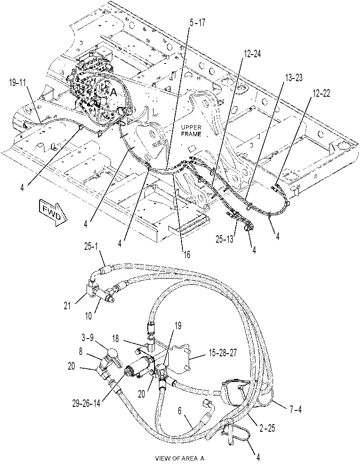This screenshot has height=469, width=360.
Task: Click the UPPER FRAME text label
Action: pyautogui.click(x=191, y=131)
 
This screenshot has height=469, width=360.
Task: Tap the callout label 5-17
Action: pyautogui.click(x=198, y=23)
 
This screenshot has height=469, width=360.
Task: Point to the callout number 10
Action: pyautogui.click(x=88, y=316)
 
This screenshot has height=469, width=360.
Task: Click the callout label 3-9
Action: pyautogui.click(x=88, y=338)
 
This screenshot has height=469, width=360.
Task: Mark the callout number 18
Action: pyautogui.click(x=115, y=339)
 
